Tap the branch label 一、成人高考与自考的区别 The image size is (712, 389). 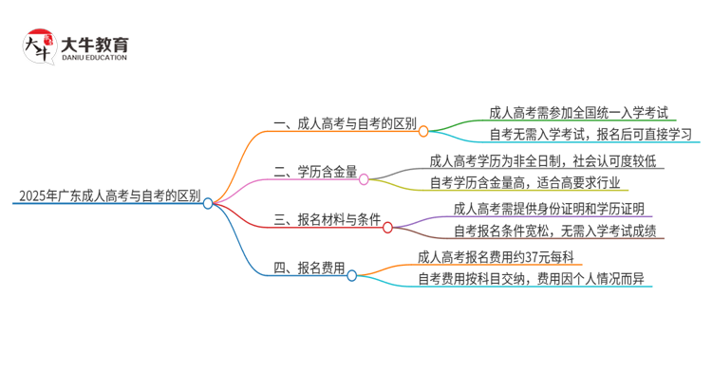344,124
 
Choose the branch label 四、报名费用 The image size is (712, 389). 309,269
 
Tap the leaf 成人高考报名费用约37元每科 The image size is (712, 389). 500,256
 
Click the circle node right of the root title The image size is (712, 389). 208,203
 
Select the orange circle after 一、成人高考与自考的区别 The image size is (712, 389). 423,131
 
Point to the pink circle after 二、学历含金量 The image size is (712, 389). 364,178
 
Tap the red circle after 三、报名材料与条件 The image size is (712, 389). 387,228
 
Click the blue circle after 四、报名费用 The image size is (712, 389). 352,275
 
